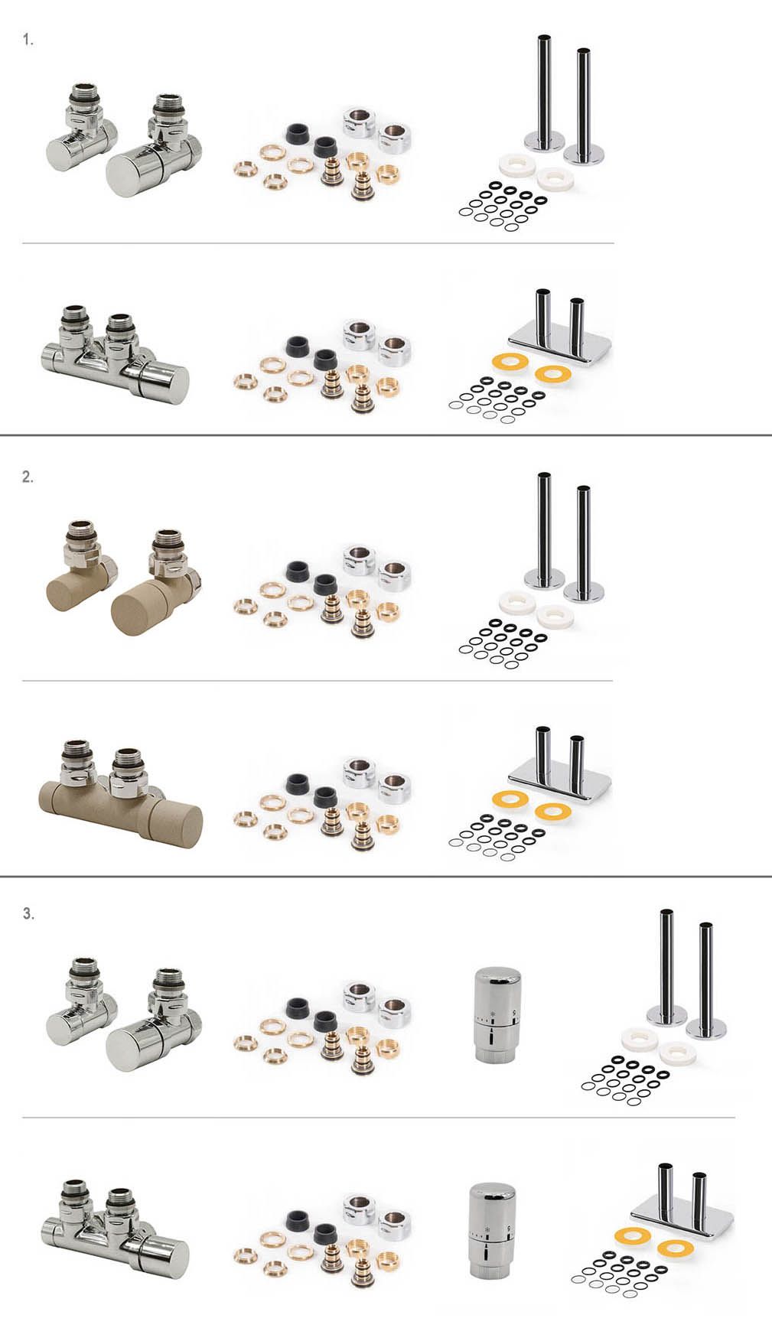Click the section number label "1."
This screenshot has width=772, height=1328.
28,41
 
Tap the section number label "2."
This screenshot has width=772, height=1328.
28,477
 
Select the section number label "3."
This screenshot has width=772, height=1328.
28,913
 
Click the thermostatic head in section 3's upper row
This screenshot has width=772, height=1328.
498,1015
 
